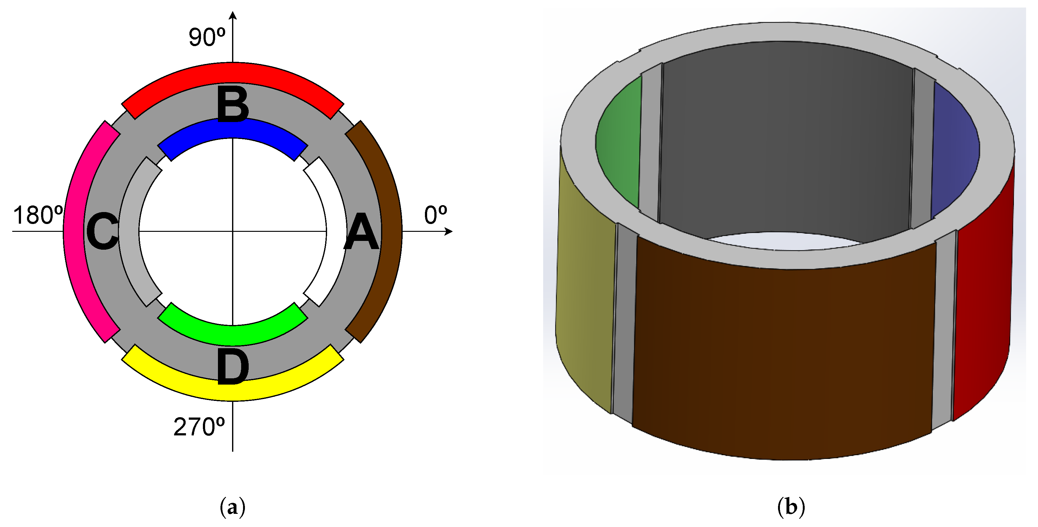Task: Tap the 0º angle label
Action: pos(435,215)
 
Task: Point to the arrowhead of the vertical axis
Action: pos(232,15)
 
